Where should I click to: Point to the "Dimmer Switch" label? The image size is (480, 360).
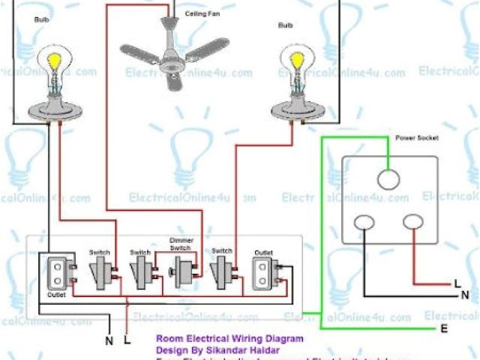point(182,244)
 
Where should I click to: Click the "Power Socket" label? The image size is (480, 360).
point(417,138)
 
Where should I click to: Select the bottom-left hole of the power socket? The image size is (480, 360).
point(364,223)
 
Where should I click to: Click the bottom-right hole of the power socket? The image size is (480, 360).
point(413,222)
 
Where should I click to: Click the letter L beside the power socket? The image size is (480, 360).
point(457,283)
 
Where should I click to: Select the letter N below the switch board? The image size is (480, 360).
point(109,340)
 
